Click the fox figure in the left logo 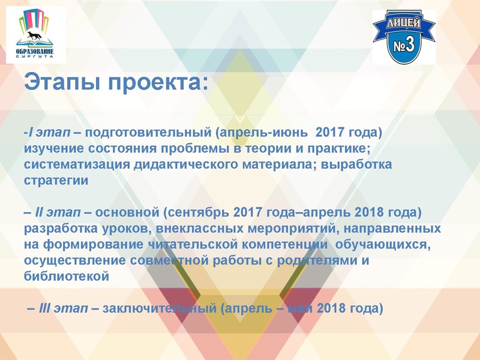click(34, 37)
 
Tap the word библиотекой click(66, 277)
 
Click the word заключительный click(160, 308)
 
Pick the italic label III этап click(60, 308)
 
